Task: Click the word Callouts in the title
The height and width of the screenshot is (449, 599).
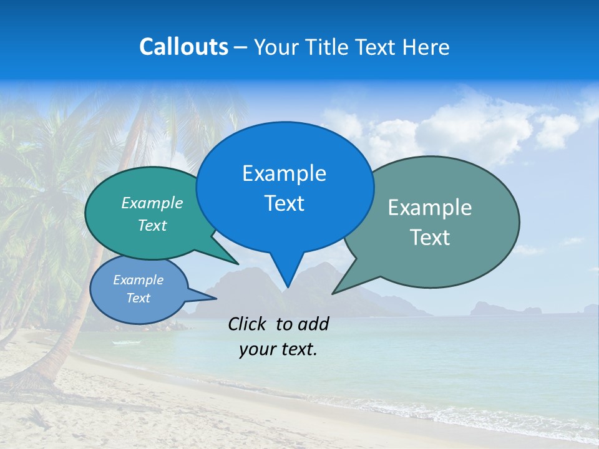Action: point(183,47)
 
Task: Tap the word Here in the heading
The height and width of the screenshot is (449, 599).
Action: point(426,47)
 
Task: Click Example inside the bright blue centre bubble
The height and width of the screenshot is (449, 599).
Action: point(284,173)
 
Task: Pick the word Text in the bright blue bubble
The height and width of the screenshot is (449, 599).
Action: point(284,203)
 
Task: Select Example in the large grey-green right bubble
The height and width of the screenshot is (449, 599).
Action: point(430,208)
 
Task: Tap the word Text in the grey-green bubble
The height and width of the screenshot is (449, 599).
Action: point(430,238)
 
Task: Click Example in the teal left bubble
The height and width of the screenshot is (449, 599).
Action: point(152,203)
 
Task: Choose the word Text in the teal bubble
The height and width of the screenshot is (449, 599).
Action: point(152,225)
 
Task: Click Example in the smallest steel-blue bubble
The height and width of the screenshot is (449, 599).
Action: point(138,280)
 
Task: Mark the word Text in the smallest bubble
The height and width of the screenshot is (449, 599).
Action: point(138,298)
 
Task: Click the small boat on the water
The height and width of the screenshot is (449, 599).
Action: point(119,342)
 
